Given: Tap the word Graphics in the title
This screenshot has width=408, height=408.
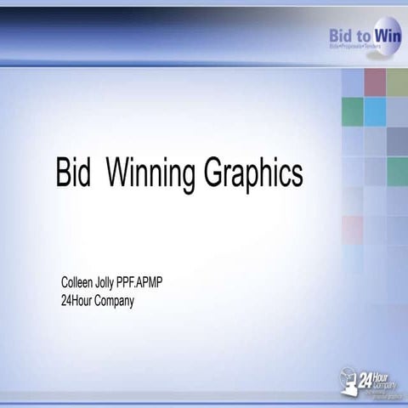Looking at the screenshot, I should (252, 173).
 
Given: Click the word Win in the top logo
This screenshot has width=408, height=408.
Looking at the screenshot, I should (388, 35).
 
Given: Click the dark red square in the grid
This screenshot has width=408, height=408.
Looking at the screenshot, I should (375, 82).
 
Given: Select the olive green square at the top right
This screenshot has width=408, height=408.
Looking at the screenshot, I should (398, 82).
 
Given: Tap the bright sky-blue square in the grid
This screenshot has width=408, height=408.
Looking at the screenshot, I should (375, 110).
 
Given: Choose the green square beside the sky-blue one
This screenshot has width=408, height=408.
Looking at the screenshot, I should (352, 110).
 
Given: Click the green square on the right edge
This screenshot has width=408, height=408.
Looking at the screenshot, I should (398, 170).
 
